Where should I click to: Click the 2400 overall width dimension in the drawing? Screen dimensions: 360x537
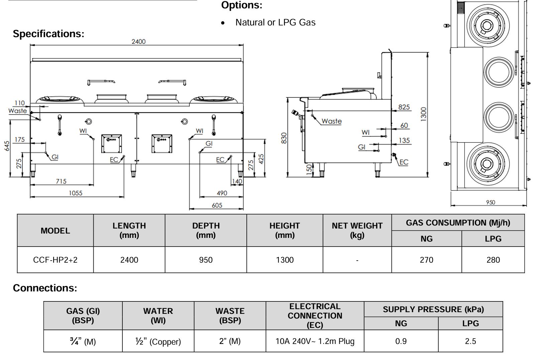(138, 41)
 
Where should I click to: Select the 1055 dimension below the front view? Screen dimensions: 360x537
(76, 193)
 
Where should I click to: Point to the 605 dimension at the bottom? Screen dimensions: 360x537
(217, 205)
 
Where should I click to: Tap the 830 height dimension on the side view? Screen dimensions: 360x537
(284, 138)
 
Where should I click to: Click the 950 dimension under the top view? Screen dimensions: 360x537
(491, 202)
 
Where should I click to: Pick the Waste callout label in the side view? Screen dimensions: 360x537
(331, 121)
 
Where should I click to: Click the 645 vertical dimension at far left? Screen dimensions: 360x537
(7, 146)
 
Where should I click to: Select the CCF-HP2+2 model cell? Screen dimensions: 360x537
(55, 260)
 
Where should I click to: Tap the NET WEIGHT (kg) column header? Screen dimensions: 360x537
(357, 231)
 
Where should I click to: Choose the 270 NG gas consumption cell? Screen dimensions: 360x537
(426, 260)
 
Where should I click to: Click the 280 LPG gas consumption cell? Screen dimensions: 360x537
(493, 260)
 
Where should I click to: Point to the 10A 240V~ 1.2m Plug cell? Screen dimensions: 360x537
(315, 341)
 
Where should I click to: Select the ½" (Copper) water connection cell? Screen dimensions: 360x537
(158, 341)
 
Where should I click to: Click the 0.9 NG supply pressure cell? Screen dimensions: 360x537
(401, 341)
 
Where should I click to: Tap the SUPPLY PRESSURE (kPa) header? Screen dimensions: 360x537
(433, 309)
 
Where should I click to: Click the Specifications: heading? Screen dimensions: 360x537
(48, 34)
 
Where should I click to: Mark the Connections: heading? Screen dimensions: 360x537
(45, 288)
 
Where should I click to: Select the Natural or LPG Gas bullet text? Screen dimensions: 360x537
(275, 22)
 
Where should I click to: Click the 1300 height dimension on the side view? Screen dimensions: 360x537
(424, 114)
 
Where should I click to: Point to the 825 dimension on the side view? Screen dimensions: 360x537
(404, 107)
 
